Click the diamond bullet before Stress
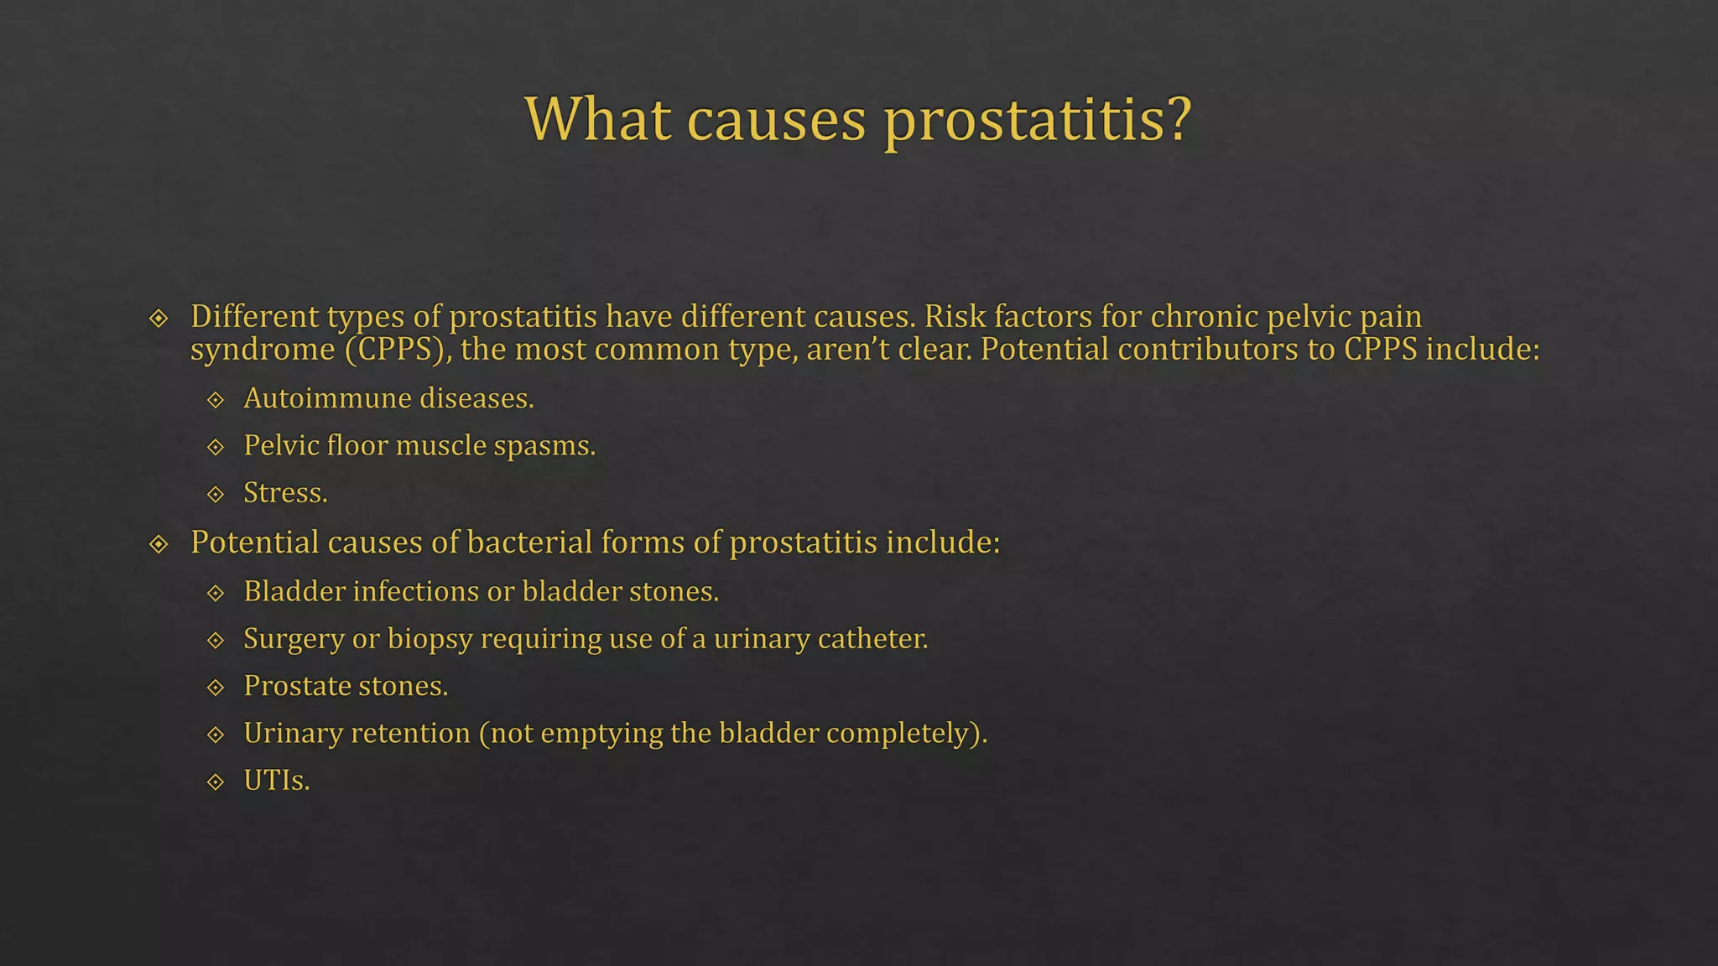tap(216, 494)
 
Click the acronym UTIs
tap(276, 781)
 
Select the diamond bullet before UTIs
tap(216, 782)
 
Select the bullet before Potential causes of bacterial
tap(159, 544)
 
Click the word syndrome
tap(263, 350)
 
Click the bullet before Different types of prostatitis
tap(159, 319)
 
